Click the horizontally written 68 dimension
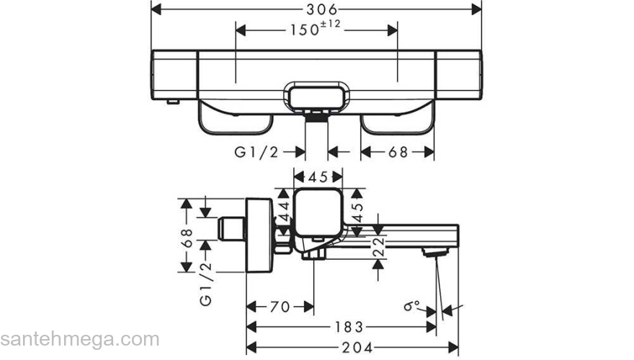(398, 152)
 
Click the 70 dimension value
(280, 307)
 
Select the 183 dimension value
(348, 326)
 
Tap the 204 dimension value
(353, 346)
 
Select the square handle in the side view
(317, 212)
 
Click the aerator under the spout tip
(434, 253)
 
